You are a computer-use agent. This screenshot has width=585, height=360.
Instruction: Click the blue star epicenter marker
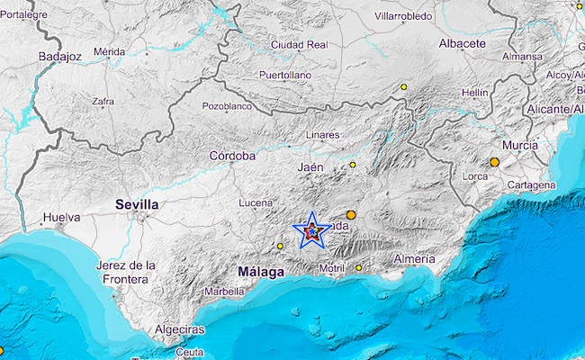(x=311, y=231)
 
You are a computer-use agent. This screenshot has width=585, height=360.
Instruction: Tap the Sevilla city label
(x=138, y=205)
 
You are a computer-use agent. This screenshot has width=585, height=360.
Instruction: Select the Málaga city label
(x=261, y=271)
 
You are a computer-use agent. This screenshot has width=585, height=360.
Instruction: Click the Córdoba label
(x=232, y=156)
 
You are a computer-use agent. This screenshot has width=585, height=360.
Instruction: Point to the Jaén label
(x=310, y=167)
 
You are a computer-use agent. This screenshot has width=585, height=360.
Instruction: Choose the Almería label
(x=415, y=259)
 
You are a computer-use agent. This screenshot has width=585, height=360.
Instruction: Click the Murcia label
(x=521, y=145)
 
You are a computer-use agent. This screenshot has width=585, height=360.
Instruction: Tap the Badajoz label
(x=60, y=57)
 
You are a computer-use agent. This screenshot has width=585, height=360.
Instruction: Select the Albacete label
(x=463, y=43)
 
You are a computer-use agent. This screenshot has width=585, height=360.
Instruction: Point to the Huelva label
(x=61, y=218)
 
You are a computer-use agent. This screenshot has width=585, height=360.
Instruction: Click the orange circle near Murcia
(x=495, y=162)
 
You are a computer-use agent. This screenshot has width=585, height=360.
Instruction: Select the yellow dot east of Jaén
(x=354, y=165)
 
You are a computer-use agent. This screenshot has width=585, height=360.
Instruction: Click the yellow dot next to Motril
(x=358, y=267)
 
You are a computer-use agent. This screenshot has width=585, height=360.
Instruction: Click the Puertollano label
(x=284, y=75)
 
